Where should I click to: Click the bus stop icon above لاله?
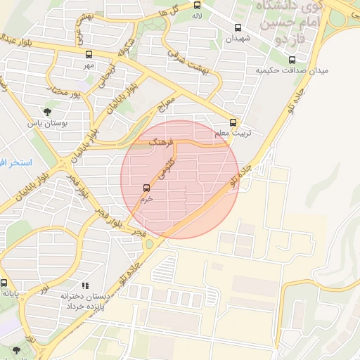(198, 6)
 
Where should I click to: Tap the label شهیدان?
(237, 39)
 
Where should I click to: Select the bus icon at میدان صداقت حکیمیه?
(292, 60)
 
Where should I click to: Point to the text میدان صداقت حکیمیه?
(292, 71)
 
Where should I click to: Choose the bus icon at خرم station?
(146, 188)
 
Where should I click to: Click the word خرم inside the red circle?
(146, 199)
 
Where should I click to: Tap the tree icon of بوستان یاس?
(47, 112)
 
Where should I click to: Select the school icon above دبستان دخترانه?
(85, 285)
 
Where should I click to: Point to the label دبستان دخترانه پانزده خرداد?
(85, 302)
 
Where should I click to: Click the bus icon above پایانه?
(4, 283)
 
